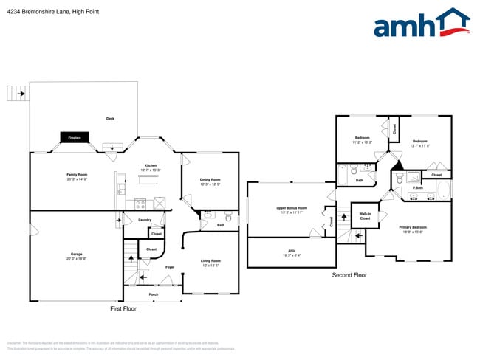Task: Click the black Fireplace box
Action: coord(75,137)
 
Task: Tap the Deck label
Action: coord(110,119)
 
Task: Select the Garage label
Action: coord(77,255)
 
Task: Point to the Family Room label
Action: coord(77,177)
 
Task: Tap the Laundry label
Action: coord(145,220)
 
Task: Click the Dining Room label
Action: coord(210,181)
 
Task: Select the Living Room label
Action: coord(210,262)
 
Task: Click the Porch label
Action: coord(154,294)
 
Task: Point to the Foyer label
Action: coord(169,267)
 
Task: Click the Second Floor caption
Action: coord(349,275)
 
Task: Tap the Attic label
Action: coord(291,252)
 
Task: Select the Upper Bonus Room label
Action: coord(291,210)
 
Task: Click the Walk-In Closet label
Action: coord(365,216)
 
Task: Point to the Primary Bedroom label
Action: coord(408,228)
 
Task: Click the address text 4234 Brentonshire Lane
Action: coord(37,12)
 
